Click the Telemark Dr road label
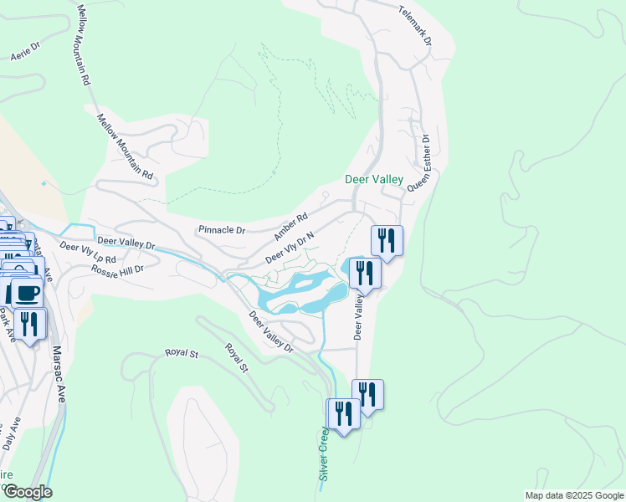pyautogui.click(x=415, y=25)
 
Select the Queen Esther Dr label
pyautogui.click(x=418, y=164)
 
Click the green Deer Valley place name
pyautogui.click(x=374, y=180)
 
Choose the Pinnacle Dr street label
pyautogui.click(x=222, y=229)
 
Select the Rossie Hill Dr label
pyautogui.click(x=118, y=269)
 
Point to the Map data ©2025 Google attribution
pyautogui.click(x=574, y=495)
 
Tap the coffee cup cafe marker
pyautogui.click(x=27, y=292)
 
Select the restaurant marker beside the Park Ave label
pyautogui.click(x=30, y=323)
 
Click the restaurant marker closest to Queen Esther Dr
pyautogui.click(x=387, y=240)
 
